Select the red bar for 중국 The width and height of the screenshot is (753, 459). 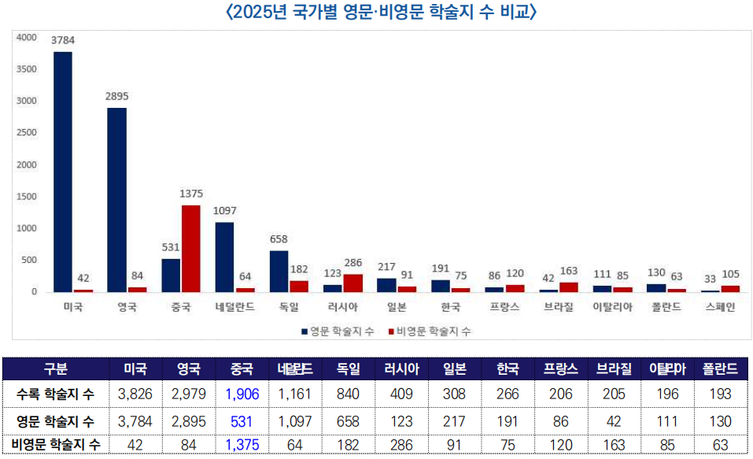tap(191, 248)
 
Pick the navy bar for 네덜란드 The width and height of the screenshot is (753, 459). tap(224, 257)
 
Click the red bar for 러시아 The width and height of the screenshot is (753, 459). tap(352, 283)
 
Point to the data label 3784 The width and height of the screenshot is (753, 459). tap(63, 39)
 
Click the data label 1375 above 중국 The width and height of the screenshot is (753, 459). tap(191, 193)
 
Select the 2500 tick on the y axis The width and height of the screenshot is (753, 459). tap(27, 133)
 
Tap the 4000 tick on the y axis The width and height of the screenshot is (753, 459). tap(27, 37)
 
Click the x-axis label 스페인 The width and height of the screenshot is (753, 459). tap(719, 308)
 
